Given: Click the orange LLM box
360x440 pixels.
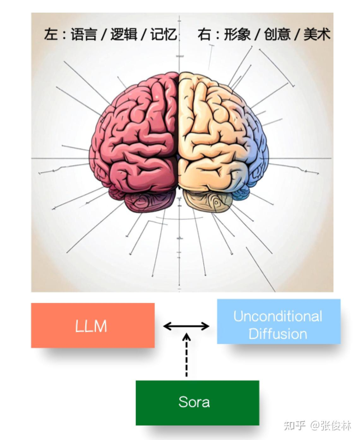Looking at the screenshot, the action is coord(93,325).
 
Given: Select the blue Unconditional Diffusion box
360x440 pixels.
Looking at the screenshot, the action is coord(279,321).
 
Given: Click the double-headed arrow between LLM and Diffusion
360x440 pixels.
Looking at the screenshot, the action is coord(186,326).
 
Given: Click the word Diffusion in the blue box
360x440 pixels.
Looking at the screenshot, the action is coord(278,333).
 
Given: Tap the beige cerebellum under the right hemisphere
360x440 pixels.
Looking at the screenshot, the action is coord(207,201).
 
